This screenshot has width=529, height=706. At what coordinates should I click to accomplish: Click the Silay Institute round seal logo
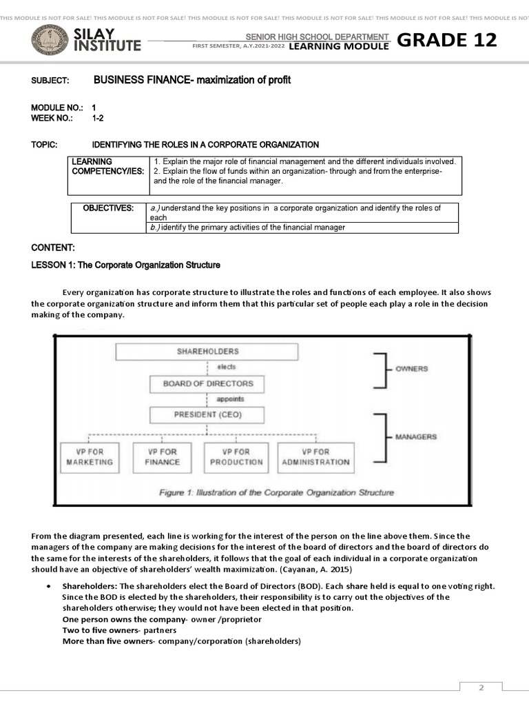pyautogui.click(x=50, y=40)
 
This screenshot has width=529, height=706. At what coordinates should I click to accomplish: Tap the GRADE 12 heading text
pyautogui.click(x=446, y=40)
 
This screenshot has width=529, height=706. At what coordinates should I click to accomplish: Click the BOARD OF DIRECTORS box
pyautogui.click(x=207, y=383)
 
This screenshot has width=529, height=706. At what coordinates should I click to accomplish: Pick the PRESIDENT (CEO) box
pyautogui.click(x=207, y=415)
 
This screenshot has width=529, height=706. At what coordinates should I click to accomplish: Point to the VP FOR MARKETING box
pyautogui.click(x=89, y=456)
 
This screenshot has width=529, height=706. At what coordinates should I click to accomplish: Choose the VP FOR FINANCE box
pyautogui.click(x=162, y=456)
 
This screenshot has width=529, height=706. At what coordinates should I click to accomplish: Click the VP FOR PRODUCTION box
pyautogui.click(x=236, y=456)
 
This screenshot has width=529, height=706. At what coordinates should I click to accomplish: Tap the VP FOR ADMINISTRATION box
pyautogui.click(x=315, y=456)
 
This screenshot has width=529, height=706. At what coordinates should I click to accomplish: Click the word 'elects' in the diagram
pyautogui.click(x=226, y=367)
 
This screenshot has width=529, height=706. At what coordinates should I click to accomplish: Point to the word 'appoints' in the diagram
pyautogui.click(x=229, y=399)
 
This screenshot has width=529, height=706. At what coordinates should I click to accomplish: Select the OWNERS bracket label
pyautogui.click(x=411, y=369)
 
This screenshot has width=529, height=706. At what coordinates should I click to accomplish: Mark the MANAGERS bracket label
pyautogui.click(x=415, y=437)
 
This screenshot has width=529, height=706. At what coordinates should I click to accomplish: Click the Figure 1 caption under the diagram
pyautogui.click(x=276, y=492)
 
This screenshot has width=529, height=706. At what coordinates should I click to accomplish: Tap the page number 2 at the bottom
pyautogui.click(x=481, y=687)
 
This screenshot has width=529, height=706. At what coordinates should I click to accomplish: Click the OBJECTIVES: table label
pyautogui.click(x=108, y=208)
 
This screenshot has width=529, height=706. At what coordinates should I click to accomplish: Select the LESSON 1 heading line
pyautogui.click(x=125, y=265)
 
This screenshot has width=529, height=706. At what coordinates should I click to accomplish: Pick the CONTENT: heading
pyautogui.click(x=53, y=248)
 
